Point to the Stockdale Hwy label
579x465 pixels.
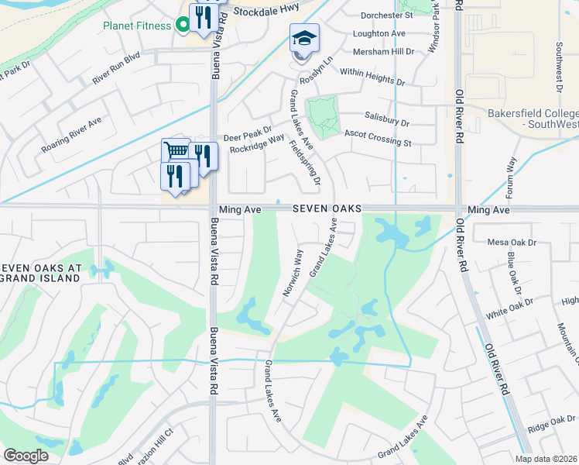point(265,12)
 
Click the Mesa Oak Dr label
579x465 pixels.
point(512,243)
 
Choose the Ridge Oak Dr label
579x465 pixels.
point(551,424)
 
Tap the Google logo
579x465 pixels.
point(26,456)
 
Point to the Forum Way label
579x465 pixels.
point(511,178)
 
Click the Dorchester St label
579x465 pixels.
point(388,15)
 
